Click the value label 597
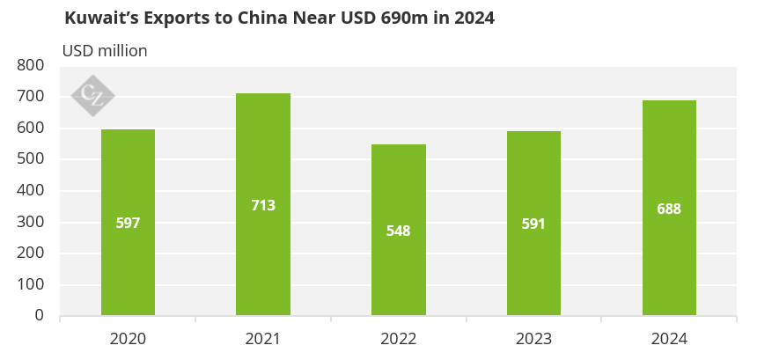point(128,224)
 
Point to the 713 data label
point(263,206)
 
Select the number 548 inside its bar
point(399,231)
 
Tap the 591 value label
point(533,224)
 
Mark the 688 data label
point(669,209)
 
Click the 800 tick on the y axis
point(31,65)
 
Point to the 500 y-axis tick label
point(31,159)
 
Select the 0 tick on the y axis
point(40,315)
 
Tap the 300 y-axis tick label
point(31,222)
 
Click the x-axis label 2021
point(263,339)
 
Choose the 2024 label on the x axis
point(669,339)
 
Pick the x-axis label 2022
point(399,339)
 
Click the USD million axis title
point(105,51)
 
